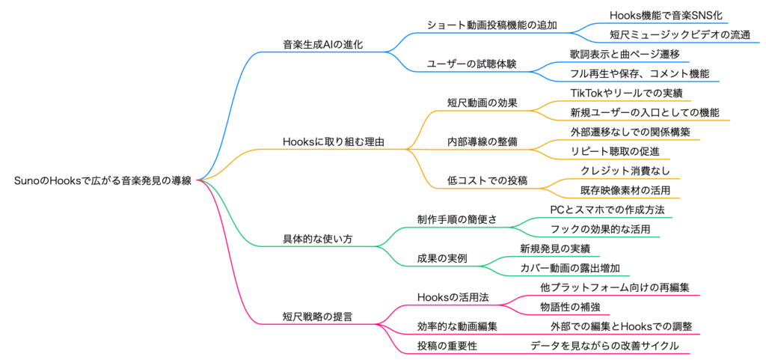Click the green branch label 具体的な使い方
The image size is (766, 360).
click(317, 239)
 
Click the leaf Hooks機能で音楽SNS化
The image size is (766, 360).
click(666, 15)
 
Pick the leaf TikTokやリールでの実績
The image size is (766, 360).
click(626, 93)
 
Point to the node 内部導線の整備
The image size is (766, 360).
click(476, 141)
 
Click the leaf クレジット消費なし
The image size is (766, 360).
click(625, 171)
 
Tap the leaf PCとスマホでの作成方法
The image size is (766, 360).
click(607, 210)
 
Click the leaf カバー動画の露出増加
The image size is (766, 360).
click(570, 268)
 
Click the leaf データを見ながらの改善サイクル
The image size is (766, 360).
click(604, 346)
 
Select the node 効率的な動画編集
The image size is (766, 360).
click(457, 326)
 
